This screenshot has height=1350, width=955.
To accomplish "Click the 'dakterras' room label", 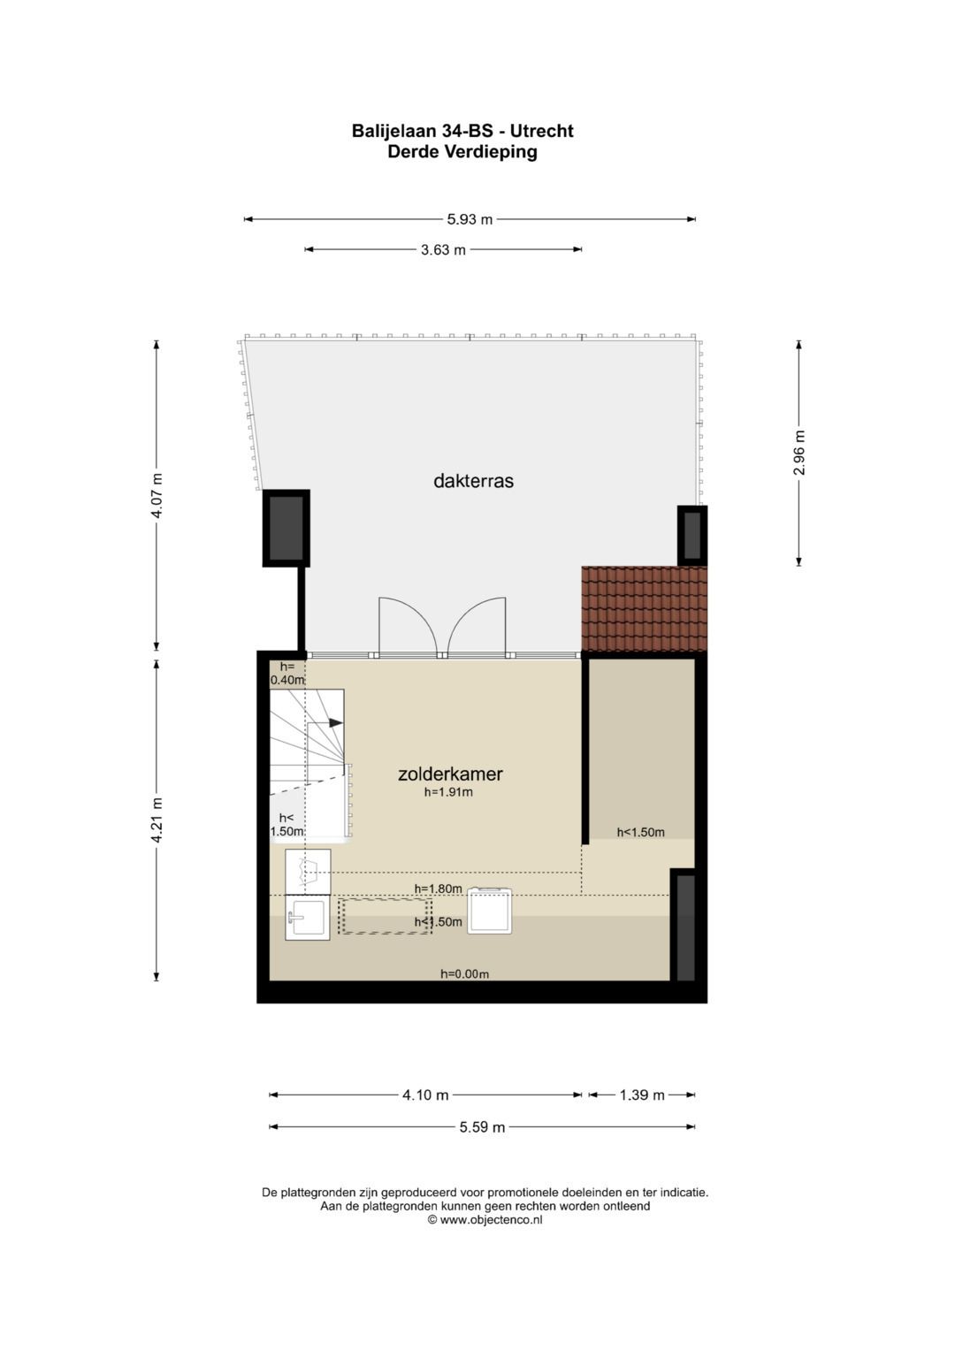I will click(x=473, y=481).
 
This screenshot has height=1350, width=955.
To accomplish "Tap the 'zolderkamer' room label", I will click(x=450, y=774).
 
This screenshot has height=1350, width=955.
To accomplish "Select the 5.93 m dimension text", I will click(x=470, y=219).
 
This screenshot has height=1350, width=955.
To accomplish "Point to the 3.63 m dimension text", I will click(x=443, y=250).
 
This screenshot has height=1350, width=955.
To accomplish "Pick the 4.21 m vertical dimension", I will click(x=157, y=820).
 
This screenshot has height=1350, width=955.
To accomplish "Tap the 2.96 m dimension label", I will click(x=798, y=453).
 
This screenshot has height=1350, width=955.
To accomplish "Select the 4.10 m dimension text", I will click(x=425, y=1095).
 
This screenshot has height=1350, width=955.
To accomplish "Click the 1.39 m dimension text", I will click(x=642, y=1095).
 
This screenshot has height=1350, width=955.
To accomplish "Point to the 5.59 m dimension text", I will click(x=482, y=1127).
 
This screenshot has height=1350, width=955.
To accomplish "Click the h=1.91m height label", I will click(x=448, y=792).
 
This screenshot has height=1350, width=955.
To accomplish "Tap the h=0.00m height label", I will click(x=465, y=974).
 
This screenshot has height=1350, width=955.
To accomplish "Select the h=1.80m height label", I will click(x=439, y=889).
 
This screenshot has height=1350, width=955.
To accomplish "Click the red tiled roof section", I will click(x=644, y=608).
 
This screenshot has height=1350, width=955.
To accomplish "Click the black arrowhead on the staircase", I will click(x=335, y=722).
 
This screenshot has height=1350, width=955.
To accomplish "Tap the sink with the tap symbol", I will click(x=308, y=918).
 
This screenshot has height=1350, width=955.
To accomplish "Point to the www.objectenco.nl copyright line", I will click(x=485, y=1220).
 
